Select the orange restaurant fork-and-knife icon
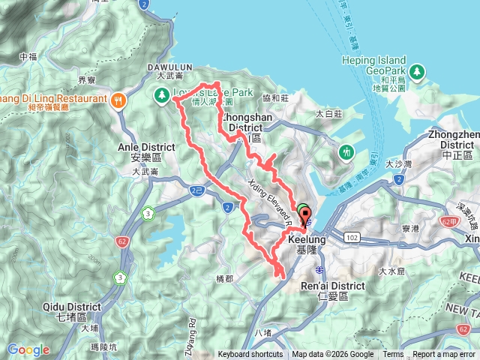[x=118, y=100]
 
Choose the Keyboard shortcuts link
[x=250, y=355]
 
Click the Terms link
[x=393, y=355]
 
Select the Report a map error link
[x=445, y=355]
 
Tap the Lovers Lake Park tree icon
[x=162, y=95]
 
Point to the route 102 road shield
[x=353, y=235]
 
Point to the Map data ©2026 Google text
[x=332, y=355]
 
